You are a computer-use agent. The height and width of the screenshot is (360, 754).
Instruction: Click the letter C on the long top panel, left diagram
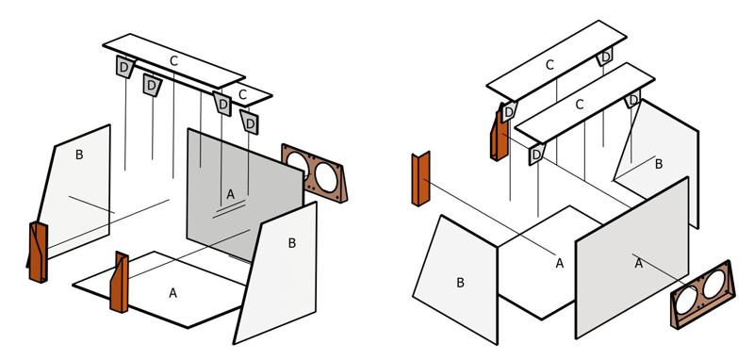pyautogui.click(x=174, y=61)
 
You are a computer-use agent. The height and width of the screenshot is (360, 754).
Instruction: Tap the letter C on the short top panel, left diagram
pyautogui.click(x=243, y=94)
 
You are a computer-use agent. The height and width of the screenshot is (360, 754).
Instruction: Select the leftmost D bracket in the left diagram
pyautogui.click(x=124, y=67)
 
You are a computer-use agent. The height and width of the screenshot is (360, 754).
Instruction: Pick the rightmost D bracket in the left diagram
pyautogui.click(x=250, y=123)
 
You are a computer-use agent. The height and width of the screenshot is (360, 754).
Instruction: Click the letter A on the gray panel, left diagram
pyautogui.click(x=230, y=195)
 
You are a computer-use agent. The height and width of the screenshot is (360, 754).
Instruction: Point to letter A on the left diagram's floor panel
pyautogui.click(x=173, y=293)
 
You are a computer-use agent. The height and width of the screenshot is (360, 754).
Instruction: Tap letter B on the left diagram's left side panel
pyautogui.click(x=79, y=155)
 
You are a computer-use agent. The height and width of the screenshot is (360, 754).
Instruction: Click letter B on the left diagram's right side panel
pyautogui.click(x=292, y=243)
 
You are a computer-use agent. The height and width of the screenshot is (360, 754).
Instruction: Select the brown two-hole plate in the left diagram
pyautogui.click(x=315, y=173)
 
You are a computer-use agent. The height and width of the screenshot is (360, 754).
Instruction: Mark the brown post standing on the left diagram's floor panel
pyautogui.click(x=120, y=282)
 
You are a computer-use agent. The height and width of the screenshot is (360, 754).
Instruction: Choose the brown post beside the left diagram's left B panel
pyautogui.click(x=38, y=252)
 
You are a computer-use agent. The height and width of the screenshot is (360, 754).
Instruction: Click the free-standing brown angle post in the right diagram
pyautogui.click(x=420, y=179)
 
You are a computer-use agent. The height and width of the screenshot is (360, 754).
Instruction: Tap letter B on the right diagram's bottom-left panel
pyautogui.click(x=460, y=283)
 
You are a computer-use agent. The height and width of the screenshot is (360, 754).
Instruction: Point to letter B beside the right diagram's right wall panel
pyautogui.click(x=659, y=164)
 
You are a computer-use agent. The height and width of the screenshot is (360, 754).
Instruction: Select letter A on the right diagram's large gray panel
pyautogui.click(x=639, y=263)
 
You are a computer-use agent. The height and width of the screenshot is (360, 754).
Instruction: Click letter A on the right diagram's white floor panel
pyautogui.click(x=559, y=263)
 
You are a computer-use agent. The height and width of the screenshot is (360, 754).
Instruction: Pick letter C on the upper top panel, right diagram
pyautogui.click(x=550, y=65)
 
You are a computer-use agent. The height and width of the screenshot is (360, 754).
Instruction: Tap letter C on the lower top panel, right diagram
pyautogui.click(x=580, y=105)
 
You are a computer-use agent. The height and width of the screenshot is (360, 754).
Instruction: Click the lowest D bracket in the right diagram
pyautogui.click(x=536, y=154)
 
